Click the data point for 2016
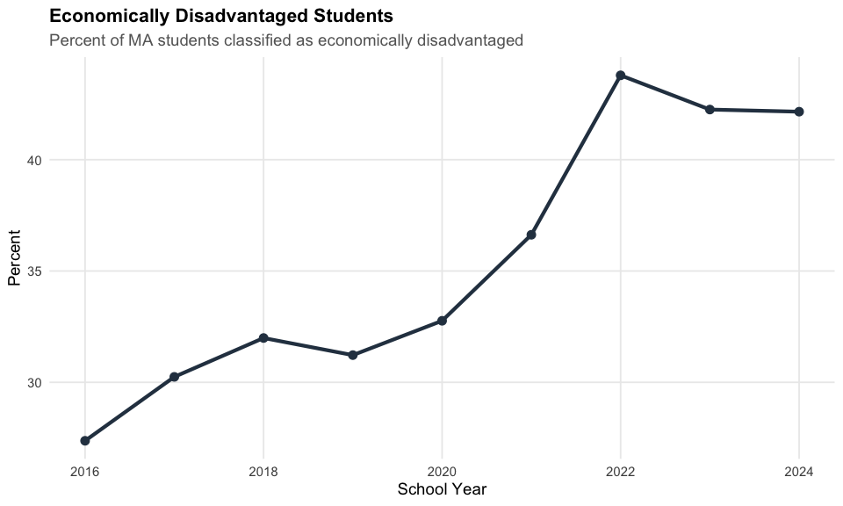pos(85,440)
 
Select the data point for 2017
pos(174,377)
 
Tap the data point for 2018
pos(263,338)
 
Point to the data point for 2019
pos(353,355)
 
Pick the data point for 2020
pos(442,321)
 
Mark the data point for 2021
pos(531,235)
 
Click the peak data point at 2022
pos(621,76)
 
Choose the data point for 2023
pos(710,110)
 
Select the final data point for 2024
pos(799,112)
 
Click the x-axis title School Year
pos(442,488)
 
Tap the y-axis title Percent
pos(14,257)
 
